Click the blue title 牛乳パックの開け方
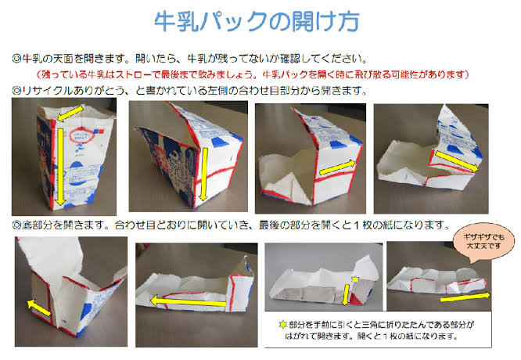pyautogui.click(x=257, y=22)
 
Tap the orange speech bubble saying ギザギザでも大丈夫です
pyautogui.click(x=483, y=242)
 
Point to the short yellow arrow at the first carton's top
pyautogui.click(x=70, y=113)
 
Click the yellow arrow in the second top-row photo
pyautogui.click(x=203, y=175)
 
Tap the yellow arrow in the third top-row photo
pyautogui.click(x=337, y=167)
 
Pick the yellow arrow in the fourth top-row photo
pyautogui.click(x=457, y=161)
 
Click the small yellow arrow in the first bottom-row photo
pyautogui.click(x=38, y=308)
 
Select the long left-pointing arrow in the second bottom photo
pyautogui.click(x=189, y=302)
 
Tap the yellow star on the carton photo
pyautogui.click(x=355, y=279)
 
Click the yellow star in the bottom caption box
pyautogui.click(x=282, y=325)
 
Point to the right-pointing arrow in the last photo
pyautogui.click(x=465, y=297)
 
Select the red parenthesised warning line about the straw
pyautogui.click(x=253, y=74)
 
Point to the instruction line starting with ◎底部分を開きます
pyautogui.click(x=231, y=225)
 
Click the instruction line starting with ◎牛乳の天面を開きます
pyautogui.click(x=190, y=59)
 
